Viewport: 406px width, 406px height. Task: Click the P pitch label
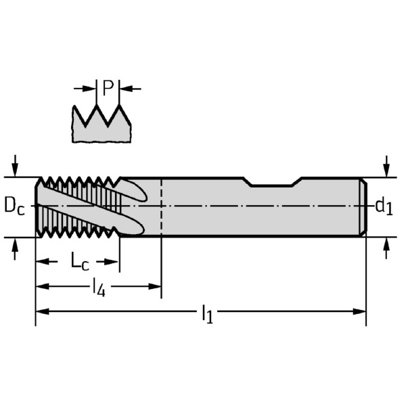click(x=108, y=88)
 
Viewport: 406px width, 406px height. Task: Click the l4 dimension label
click(x=99, y=287)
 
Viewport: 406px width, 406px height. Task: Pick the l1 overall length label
click(x=208, y=314)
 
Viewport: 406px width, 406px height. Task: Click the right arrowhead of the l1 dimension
click(x=359, y=311)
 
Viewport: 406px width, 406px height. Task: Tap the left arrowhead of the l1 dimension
click(x=42, y=311)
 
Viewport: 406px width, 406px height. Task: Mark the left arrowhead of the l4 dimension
click(x=42, y=287)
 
